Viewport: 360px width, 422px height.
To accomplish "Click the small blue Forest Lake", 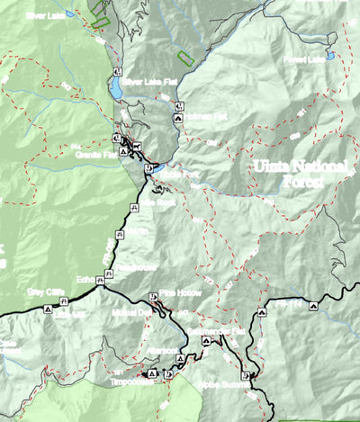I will point(330,56).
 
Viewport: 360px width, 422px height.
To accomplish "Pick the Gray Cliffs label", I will point(47,292).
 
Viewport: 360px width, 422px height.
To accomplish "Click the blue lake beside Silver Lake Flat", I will point(117,88).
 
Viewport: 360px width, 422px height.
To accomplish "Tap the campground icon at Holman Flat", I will point(179,117).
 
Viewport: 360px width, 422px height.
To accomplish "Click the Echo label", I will point(86,279).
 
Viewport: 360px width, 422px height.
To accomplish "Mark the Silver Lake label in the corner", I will point(42,15).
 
